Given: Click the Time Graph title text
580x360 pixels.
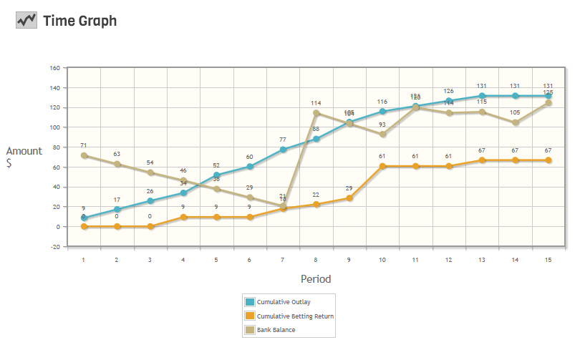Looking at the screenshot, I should pyautogui.click(x=79, y=21).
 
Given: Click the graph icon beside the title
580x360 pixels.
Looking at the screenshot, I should pyautogui.click(x=26, y=21).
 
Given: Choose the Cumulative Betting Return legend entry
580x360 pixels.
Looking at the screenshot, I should pyautogui.click(x=295, y=316).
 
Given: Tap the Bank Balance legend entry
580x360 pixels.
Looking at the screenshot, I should pyautogui.click(x=276, y=329).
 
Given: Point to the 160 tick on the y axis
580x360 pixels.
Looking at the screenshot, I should pyautogui.click(x=54, y=69).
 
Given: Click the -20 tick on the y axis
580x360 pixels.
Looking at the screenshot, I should pyautogui.click(x=54, y=247).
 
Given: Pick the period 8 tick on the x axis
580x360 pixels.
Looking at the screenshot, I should pyautogui.click(x=316, y=259).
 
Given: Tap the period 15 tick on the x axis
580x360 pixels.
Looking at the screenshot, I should pyautogui.click(x=548, y=259).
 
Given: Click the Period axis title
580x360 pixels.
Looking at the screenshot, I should pyautogui.click(x=316, y=279).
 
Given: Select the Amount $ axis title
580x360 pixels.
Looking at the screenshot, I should pyautogui.click(x=24, y=157).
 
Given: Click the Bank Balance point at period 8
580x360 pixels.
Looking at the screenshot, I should pyautogui.click(x=316, y=113).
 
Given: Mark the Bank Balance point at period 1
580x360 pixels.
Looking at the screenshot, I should pyautogui.click(x=84, y=155).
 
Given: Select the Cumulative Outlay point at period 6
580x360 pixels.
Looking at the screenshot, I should pyautogui.click(x=250, y=167).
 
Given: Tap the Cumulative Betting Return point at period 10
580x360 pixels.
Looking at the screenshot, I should pyautogui.click(x=382, y=166).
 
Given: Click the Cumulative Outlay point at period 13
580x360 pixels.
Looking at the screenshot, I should pyautogui.click(x=482, y=96).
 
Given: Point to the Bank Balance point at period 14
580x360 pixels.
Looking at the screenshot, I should pyautogui.click(x=515, y=122).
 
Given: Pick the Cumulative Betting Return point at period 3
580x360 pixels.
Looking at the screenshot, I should pyautogui.click(x=150, y=226).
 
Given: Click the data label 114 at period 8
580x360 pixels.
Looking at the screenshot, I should pyautogui.click(x=316, y=103).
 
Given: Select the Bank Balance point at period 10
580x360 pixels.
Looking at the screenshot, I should pyautogui.click(x=382, y=135).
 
